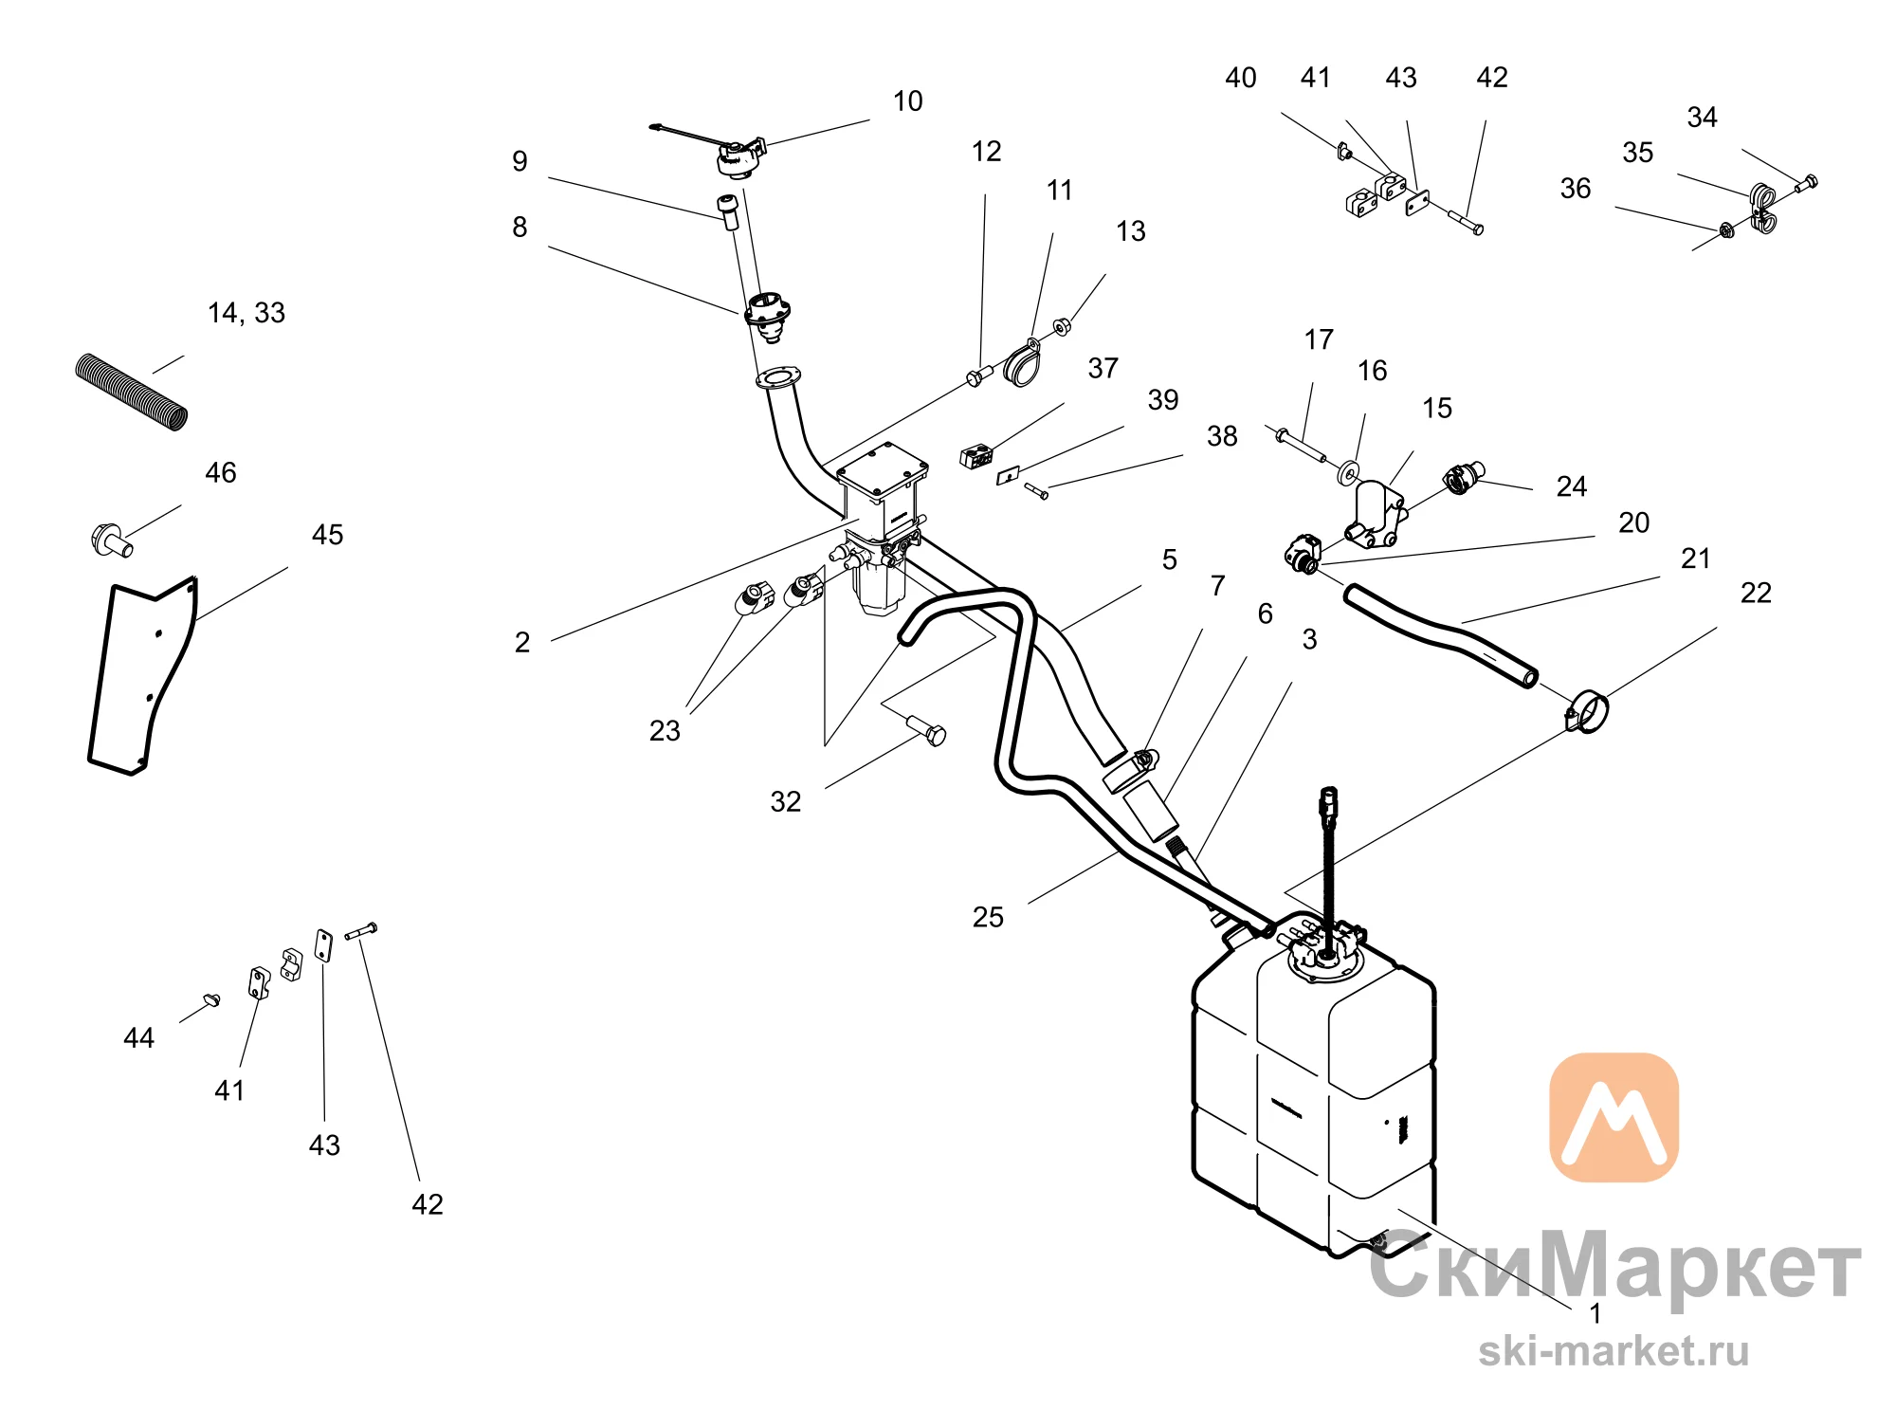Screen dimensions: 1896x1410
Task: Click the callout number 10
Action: coord(907,101)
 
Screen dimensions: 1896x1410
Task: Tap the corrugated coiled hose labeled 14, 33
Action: coord(132,392)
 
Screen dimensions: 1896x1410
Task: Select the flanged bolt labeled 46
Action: coord(111,540)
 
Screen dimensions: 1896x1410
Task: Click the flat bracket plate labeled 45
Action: coord(143,675)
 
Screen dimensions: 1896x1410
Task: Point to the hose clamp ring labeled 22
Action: coord(1587,712)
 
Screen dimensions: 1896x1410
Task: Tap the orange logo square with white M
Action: coord(1613,1117)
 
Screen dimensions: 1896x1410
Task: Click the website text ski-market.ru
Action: coord(1613,1350)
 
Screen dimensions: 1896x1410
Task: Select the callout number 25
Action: coord(988,917)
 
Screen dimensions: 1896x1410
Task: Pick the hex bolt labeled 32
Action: coord(926,730)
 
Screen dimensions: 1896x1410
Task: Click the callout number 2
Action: coord(522,643)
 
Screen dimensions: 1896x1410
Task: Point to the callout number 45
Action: coord(327,535)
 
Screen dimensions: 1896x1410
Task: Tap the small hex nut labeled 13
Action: coord(1063,326)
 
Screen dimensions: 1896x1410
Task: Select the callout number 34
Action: coord(1702,118)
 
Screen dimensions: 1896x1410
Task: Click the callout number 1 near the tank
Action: coord(1595,1313)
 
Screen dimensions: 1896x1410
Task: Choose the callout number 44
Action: coord(138,1038)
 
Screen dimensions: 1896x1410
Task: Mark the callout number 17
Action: coord(1319,339)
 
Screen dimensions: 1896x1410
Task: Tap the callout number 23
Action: coord(665,731)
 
